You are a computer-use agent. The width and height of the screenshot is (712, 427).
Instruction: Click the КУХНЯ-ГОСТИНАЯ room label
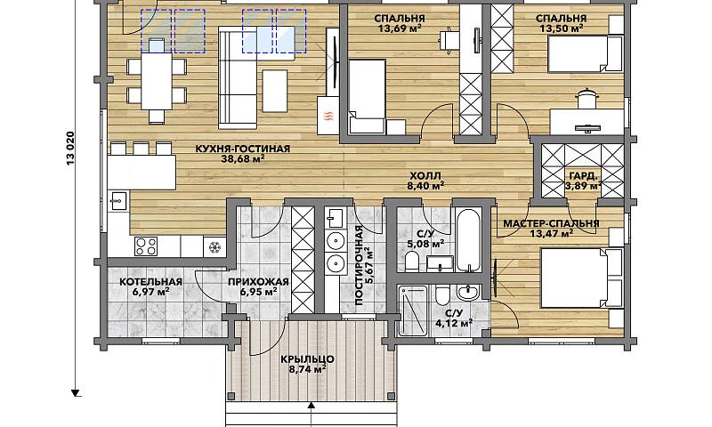242,149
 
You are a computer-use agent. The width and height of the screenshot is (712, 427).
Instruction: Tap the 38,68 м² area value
243,159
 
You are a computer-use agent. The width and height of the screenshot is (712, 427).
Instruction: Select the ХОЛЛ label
425,175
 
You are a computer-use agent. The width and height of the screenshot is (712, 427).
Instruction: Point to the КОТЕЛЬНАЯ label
150,282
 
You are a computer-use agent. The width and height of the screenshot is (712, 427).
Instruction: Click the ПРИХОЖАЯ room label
258,282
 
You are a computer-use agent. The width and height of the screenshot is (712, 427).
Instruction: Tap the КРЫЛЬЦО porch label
307,359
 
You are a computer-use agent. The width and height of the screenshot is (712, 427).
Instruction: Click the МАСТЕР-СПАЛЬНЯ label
551,223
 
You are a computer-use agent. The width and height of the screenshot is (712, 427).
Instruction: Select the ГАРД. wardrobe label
583,176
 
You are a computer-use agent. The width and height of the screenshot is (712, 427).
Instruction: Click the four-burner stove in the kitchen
146,246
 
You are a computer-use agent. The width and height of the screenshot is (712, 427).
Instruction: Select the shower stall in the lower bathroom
412,310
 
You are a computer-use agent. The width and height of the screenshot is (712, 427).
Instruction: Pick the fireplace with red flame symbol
328,116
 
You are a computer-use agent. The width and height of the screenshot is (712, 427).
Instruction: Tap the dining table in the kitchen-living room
157,81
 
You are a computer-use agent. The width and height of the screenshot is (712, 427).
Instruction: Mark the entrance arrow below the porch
311,414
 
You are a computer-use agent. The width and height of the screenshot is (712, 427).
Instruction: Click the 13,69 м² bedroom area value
399,28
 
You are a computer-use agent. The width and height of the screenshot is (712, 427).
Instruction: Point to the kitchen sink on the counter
118,201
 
